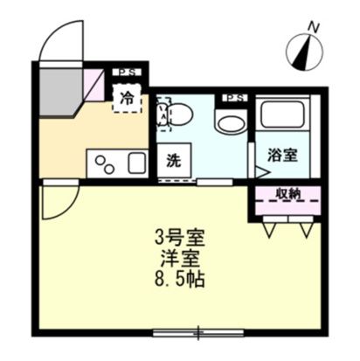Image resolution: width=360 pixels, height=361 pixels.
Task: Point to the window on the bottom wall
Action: (197, 332)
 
